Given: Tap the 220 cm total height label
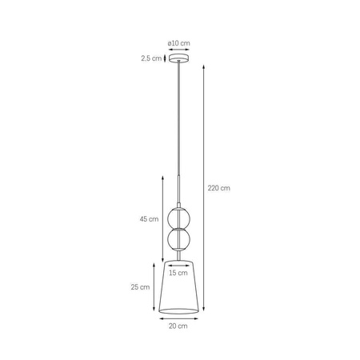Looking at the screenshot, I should tap(219, 188).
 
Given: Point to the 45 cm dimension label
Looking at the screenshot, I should tap(148, 218).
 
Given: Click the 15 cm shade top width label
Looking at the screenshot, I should tap(179, 273).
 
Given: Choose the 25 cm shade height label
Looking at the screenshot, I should tap(142, 286).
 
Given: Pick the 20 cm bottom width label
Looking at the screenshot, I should tap(179, 326).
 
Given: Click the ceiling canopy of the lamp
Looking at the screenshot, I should tap(179, 59).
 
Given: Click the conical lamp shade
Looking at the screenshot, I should tap(179, 292).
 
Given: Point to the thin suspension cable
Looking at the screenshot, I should tap(179, 120).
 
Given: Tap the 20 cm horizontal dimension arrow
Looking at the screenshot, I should tap(179, 318).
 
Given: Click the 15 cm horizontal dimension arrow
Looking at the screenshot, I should tap(179, 265).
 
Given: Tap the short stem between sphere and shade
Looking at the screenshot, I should tap(179, 255).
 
